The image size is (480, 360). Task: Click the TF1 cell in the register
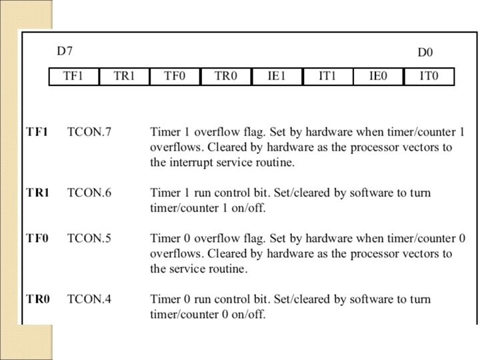pyautogui.click(x=73, y=77)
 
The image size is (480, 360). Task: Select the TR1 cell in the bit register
pyautogui.click(x=125, y=77)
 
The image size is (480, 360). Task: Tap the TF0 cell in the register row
pyautogui.click(x=175, y=77)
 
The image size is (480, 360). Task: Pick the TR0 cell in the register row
pyautogui.click(x=226, y=77)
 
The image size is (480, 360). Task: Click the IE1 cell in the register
pyautogui.click(x=277, y=77)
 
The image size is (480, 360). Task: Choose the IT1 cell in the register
pyautogui.click(x=327, y=77)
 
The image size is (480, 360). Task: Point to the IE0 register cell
pyautogui.click(x=378, y=77)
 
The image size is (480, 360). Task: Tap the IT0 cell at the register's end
pyautogui.click(x=429, y=77)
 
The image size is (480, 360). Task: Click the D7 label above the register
pyautogui.click(x=64, y=51)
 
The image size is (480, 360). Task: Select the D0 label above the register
pyautogui.click(x=425, y=51)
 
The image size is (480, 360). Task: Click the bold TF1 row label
pyautogui.click(x=37, y=132)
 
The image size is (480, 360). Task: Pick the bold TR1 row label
pyautogui.click(x=38, y=193)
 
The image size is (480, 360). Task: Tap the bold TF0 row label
pyautogui.click(x=38, y=238)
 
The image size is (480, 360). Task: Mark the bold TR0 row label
pyautogui.click(x=38, y=299)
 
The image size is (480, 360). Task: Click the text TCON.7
pyautogui.click(x=89, y=132)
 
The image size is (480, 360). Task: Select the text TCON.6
pyautogui.click(x=89, y=193)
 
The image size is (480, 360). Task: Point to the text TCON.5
pyautogui.click(x=89, y=238)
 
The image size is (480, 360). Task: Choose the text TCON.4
pyautogui.click(x=89, y=299)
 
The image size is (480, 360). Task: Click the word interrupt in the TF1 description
pyautogui.click(x=191, y=162)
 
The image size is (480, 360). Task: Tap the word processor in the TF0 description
pyautogui.click(x=361, y=254)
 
